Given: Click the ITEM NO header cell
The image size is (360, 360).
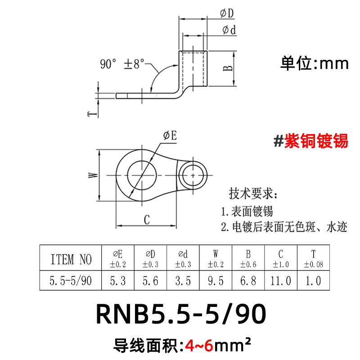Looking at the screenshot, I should pyautogui.click(x=71, y=258).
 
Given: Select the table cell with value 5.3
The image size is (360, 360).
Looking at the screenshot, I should pyautogui.click(x=118, y=281).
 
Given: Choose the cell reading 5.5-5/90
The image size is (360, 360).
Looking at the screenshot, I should pyautogui.click(x=71, y=281).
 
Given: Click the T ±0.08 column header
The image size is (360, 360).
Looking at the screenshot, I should pyautogui.click(x=313, y=258).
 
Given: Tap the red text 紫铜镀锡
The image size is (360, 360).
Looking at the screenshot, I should pyautogui.click(x=310, y=141).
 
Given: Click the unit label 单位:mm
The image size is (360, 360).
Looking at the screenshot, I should pyautogui.click(x=315, y=63).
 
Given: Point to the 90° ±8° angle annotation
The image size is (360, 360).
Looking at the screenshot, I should pyautogui.click(x=122, y=64).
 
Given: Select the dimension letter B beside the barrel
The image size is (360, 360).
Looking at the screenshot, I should pyautogui.click(x=228, y=68).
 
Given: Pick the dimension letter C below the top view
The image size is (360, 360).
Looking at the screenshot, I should pyautogui.click(x=147, y=220).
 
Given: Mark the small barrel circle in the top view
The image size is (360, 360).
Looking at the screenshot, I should pyautogui.click(x=194, y=174).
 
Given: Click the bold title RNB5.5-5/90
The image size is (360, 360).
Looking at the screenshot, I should pyautogui.click(x=180, y=315).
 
